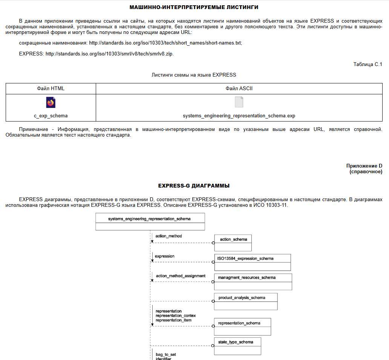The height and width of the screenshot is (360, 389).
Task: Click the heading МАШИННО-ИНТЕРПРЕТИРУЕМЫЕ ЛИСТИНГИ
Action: (194, 7)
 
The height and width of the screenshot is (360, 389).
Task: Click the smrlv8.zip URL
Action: (109, 54)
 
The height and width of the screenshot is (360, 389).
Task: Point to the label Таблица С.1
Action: (368, 65)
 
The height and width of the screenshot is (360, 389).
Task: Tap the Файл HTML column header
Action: (51, 89)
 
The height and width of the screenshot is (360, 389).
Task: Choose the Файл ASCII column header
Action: (239, 89)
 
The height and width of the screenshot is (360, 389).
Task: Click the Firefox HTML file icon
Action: (51, 102)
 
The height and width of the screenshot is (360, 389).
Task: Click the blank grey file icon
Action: (239, 102)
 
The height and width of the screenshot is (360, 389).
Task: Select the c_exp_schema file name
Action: (51, 116)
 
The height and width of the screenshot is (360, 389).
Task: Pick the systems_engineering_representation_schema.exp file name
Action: (239, 116)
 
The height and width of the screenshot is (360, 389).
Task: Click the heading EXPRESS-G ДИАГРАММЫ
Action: (194, 186)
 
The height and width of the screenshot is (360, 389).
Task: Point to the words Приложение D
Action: (364, 166)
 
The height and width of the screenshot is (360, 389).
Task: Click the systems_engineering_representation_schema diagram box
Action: (150, 222)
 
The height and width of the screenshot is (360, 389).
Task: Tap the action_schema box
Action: (233, 243)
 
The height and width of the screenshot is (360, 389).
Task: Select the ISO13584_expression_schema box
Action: (252, 262)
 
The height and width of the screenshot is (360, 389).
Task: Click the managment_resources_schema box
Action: (253, 282)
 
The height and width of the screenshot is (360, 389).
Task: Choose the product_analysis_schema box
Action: (246, 301)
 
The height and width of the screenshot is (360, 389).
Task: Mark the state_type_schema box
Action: (237, 346)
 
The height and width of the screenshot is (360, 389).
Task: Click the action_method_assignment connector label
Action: (181, 276)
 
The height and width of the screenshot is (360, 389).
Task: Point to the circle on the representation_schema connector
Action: (213, 326)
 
